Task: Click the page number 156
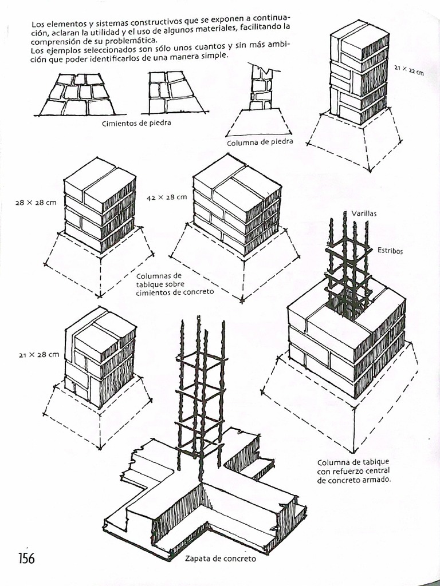[27, 557]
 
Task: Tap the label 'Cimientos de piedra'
[136, 122]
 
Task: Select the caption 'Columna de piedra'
[260, 142]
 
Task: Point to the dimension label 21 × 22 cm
[409, 71]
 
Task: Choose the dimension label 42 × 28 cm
[167, 197]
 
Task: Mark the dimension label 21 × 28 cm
[38, 354]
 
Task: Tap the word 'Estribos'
[390, 250]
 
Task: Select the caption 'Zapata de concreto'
[221, 559]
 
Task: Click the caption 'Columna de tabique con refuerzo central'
[354, 471]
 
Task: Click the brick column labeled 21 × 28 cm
[100, 358]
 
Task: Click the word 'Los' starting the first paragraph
[37, 25]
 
